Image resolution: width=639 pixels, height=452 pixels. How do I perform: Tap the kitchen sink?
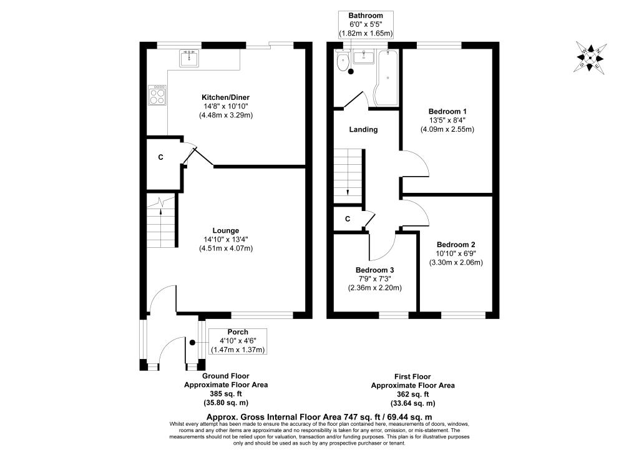pos(189,59)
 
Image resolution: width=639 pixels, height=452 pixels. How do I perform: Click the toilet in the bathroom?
pos(343,62)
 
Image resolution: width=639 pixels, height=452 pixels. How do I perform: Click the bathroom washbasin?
pos(363,58)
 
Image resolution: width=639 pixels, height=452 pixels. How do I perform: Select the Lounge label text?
pos(226,230)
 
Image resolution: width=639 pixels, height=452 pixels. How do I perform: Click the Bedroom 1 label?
pos(447,111)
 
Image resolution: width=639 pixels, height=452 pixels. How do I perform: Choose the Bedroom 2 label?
pos(456,244)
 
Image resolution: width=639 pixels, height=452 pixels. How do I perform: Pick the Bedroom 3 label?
pos(374,270)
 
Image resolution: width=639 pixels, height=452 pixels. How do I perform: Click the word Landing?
pos(363,130)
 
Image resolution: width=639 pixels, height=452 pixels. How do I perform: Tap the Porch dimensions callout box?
pos(238,341)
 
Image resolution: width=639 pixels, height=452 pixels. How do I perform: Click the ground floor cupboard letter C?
pos(160,157)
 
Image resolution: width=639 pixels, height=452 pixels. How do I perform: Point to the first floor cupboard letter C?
pos(348,219)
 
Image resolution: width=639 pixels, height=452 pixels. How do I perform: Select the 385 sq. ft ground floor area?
pos(225,394)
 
